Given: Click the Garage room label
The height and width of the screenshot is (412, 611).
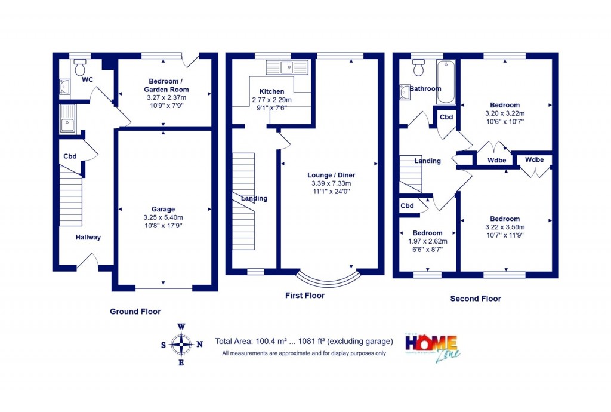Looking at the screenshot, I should click(x=163, y=209).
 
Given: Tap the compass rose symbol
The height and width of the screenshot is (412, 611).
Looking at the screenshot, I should click(x=181, y=344).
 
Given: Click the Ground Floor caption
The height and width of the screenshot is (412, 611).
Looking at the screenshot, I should click(x=135, y=312).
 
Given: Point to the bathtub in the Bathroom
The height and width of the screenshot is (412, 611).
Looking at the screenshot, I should click(x=445, y=82).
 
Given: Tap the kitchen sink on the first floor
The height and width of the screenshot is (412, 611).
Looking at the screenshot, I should click(x=287, y=67).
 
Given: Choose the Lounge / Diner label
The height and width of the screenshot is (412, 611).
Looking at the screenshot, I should click(x=331, y=175).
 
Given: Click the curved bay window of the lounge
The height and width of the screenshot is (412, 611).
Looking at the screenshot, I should click(x=329, y=278).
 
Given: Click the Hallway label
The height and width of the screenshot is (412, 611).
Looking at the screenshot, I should click(x=88, y=238).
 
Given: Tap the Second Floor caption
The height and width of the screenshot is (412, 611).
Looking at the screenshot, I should click(x=476, y=299).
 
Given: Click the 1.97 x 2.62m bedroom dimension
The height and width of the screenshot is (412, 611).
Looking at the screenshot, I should click(x=427, y=241).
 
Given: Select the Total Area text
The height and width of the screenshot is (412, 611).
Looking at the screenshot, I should click(x=304, y=342).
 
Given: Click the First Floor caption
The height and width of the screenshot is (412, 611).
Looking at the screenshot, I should click(x=305, y=296).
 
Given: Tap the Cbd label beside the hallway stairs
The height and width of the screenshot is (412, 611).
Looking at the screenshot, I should click(x=70, y=157).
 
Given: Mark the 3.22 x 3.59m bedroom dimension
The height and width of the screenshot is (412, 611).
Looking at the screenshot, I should click(x=505, y=227).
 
